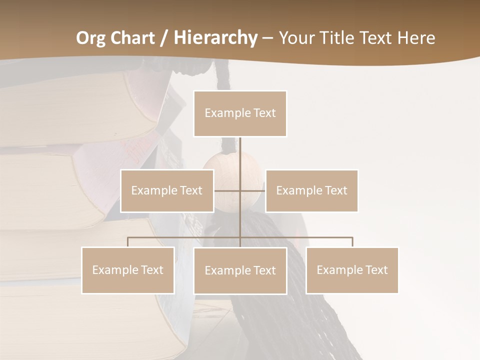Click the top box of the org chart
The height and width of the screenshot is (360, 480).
240,113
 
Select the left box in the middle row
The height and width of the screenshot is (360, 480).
167,190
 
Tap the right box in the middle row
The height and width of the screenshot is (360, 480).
311,190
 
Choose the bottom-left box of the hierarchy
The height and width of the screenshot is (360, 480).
128,270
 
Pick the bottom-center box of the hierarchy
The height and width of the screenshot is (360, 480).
240,271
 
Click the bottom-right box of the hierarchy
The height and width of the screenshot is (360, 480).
352,270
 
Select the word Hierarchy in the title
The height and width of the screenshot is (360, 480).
215,38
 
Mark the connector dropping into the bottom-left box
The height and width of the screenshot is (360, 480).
128,242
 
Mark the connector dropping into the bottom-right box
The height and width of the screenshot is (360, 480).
352,242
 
